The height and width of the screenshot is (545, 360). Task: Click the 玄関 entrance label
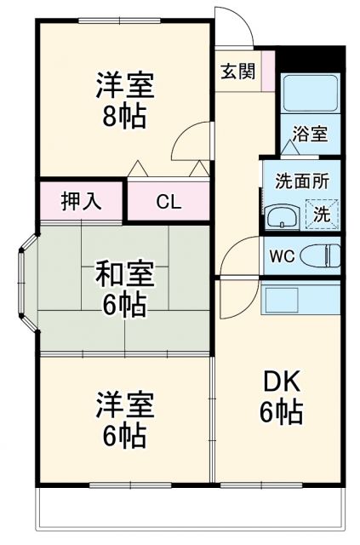238,72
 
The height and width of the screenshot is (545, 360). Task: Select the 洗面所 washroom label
302,181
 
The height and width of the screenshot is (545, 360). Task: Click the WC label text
283,256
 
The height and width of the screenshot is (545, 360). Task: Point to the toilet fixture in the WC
320,255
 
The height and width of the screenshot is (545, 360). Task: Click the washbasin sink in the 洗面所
283,217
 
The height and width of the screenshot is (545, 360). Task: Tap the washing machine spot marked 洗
322,215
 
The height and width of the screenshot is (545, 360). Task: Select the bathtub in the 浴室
311,93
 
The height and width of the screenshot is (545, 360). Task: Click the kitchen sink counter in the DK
300,297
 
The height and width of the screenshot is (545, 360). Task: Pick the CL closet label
169,201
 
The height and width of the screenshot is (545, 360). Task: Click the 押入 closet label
82,201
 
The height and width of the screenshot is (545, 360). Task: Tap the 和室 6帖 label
125,288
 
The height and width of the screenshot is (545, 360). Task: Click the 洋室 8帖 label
125,100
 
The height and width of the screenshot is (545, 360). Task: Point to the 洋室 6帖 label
125,419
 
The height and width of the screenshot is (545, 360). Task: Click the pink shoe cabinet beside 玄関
268,71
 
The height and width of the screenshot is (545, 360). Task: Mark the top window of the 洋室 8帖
119,20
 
